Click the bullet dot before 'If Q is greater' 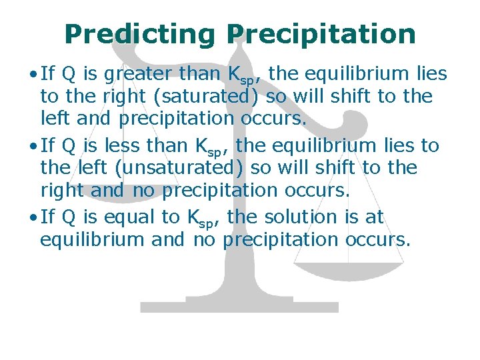click(33, 75)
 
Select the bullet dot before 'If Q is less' click(33, 145)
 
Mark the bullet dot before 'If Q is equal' click(33, 217)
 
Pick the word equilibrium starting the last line click(92, 239)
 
